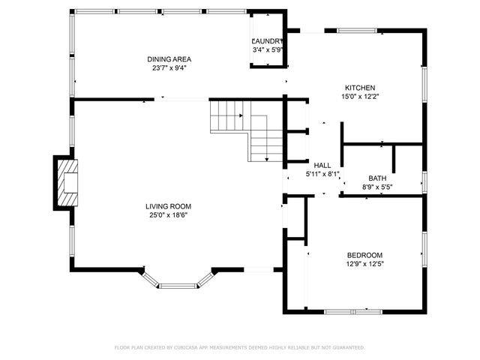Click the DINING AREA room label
169,58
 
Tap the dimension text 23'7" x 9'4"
169,67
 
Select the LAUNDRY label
268,41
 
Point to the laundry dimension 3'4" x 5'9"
268,50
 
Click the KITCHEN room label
359,87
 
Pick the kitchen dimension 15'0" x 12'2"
359,96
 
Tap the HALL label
322,165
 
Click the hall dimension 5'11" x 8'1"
322,174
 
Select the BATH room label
376,178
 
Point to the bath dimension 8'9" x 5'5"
376,187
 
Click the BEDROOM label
364,254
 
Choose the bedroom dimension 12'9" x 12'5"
364,263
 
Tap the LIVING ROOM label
169,206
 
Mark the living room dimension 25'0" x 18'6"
169,215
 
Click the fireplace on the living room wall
66,182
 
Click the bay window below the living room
178,283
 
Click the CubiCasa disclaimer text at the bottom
240,347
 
